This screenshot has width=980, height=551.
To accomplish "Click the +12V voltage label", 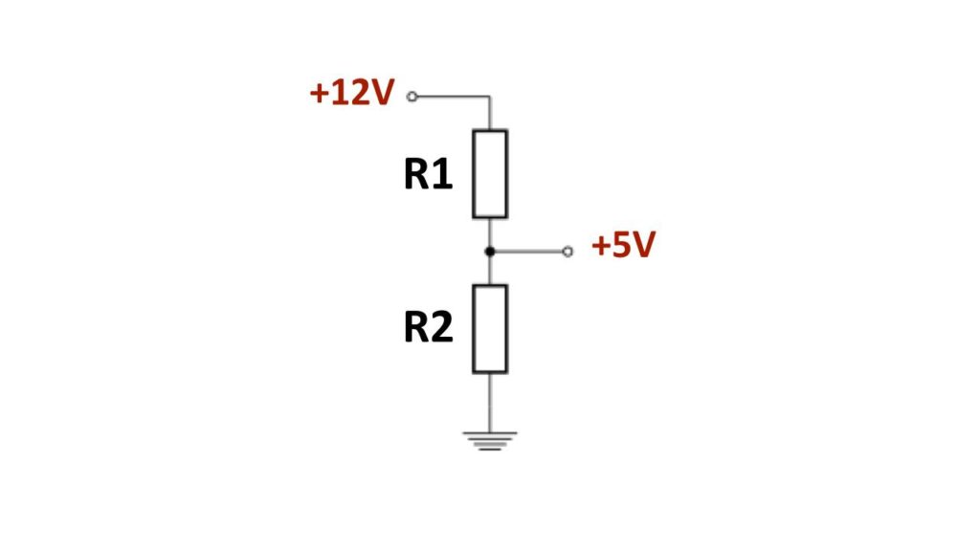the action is pos(352,93).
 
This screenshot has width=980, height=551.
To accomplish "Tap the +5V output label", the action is pos(623,245).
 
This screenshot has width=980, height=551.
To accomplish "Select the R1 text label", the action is pos(428,174).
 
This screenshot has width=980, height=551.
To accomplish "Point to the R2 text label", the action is pos(428,327).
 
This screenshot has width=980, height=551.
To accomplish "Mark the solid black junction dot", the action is pos(490,252).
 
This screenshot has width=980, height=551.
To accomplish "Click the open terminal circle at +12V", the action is pos(412,97).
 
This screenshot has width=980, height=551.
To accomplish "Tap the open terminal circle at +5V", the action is pos(568,252).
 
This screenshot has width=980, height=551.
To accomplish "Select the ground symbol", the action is pos(490,441).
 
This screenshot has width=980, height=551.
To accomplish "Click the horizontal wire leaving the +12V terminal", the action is pos(453,97).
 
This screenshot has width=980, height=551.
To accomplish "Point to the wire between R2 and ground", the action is pos(490,403).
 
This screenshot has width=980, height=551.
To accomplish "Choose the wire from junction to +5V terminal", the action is pos(528,252).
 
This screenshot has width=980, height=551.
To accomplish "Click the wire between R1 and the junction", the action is pos(490,233).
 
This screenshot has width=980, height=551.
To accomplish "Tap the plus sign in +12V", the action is pos(319,94).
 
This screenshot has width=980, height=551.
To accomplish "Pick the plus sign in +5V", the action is pos(601,246).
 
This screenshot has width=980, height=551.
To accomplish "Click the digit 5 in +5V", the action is pos(622,245).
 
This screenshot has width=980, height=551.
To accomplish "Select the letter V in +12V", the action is pos(382,93).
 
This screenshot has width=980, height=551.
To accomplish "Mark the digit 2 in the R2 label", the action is pos(442,327).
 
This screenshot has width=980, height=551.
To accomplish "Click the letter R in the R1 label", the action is pos(415,174).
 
